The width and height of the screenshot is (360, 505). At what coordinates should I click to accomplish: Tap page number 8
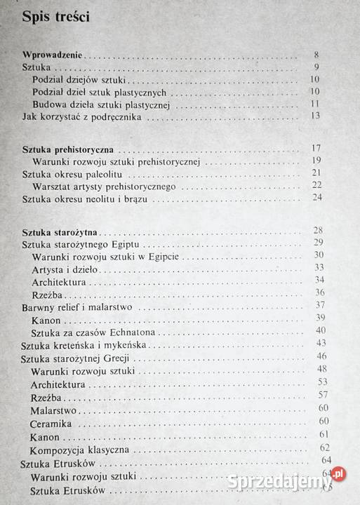click(x=316, y=54)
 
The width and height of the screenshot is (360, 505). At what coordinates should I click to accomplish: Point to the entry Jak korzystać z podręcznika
click(x=82, y=116)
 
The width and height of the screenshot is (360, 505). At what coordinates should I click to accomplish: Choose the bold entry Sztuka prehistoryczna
click(x=68, y=149)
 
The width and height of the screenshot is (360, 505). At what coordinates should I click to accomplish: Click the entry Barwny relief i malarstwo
click(x=77, y=307)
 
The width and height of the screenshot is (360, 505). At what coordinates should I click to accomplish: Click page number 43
click(x=321, y=343)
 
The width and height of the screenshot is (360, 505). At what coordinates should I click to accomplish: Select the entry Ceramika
click(x=51, y=424)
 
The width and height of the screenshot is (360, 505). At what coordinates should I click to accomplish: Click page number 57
click(x=323, y=395)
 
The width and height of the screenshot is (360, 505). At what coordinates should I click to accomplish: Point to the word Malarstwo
click(x=53, y=410)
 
